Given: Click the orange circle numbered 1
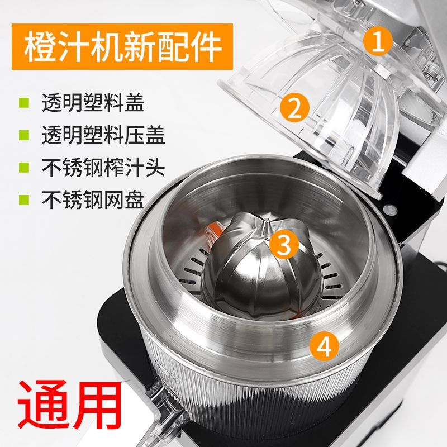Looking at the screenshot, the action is [378, 41].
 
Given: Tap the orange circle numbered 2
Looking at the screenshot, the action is [294, 108].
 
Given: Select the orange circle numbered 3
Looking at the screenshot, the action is [284, 244].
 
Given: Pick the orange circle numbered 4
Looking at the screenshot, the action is [325, 346].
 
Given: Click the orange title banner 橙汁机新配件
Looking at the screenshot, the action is [122, 46].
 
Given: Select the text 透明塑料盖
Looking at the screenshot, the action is [93, 103].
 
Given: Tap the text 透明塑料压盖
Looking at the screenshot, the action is [103, 135].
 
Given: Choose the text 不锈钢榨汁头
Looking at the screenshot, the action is [103, 167].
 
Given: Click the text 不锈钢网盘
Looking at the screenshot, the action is [93, 199].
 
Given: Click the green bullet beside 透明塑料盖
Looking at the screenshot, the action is [24, 103].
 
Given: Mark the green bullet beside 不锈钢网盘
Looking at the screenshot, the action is [24, 199].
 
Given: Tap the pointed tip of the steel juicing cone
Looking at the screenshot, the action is [266, 220].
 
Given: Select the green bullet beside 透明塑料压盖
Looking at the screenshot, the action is [24, 135].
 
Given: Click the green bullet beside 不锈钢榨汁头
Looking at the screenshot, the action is [24, 167].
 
